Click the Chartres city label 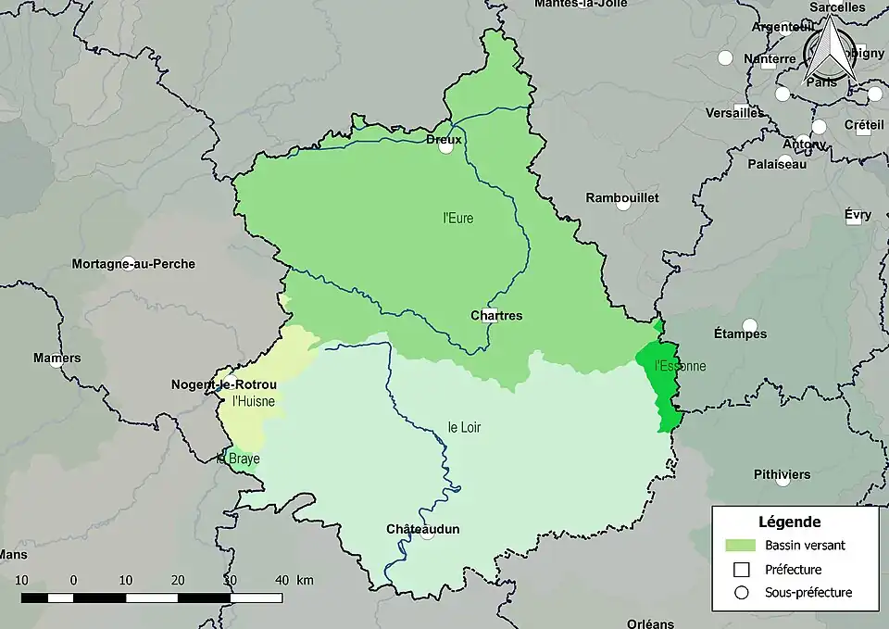coord(495,316)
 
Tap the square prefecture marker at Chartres coord(491,314)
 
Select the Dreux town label coord(444,139)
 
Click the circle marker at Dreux coord(446,145)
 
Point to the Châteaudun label coord(422,529)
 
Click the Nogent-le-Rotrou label coord(223,384)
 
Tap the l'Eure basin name coord(457,219)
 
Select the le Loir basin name coord(464,427)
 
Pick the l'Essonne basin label coord(680,366)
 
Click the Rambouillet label coord(622,198)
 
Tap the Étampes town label coord(740,333)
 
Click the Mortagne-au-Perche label coord(133,264)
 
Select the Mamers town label coord(56,358)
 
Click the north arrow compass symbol coord(828,54)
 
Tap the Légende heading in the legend coord(789,522)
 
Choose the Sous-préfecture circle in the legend coord(742,593)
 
